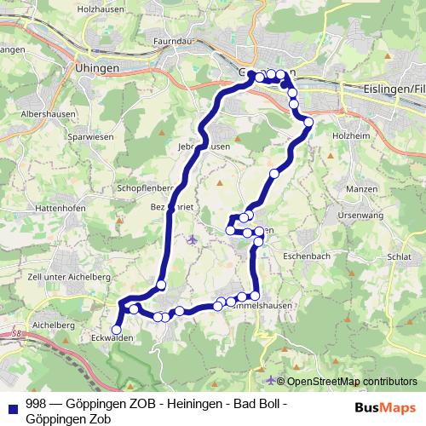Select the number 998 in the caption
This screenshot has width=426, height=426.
click(x=36, y=403)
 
